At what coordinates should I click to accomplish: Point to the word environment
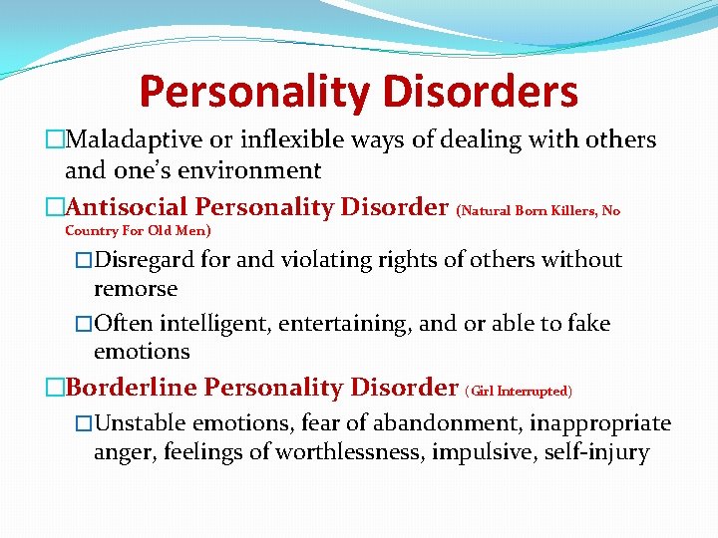coord(256,170)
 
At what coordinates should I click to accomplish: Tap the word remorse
coord(136,289)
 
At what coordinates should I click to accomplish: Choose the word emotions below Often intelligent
coord(141,352)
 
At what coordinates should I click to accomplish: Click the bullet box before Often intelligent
coord(83,325)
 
